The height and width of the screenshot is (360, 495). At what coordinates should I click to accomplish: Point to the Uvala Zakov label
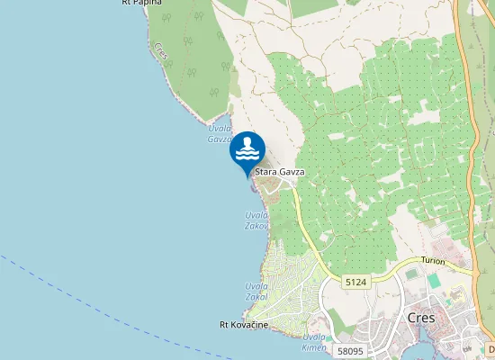(257, 220)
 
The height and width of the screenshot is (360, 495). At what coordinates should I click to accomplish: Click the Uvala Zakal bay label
(256, 292)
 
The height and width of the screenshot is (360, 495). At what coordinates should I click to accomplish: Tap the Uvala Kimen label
(313, 341)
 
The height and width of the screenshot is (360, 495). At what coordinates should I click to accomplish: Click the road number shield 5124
(355, 282)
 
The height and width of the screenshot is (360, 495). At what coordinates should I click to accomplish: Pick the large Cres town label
(421, 318)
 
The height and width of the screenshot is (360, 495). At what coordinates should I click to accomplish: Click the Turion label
(433, 260)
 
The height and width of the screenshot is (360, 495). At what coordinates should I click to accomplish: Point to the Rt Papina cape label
(142, 3)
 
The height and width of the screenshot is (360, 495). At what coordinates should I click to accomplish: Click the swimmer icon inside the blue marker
(247, 147)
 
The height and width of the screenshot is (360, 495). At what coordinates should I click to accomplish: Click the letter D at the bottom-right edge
(491, 348)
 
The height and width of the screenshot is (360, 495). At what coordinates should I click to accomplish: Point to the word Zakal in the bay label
(256, 296)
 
